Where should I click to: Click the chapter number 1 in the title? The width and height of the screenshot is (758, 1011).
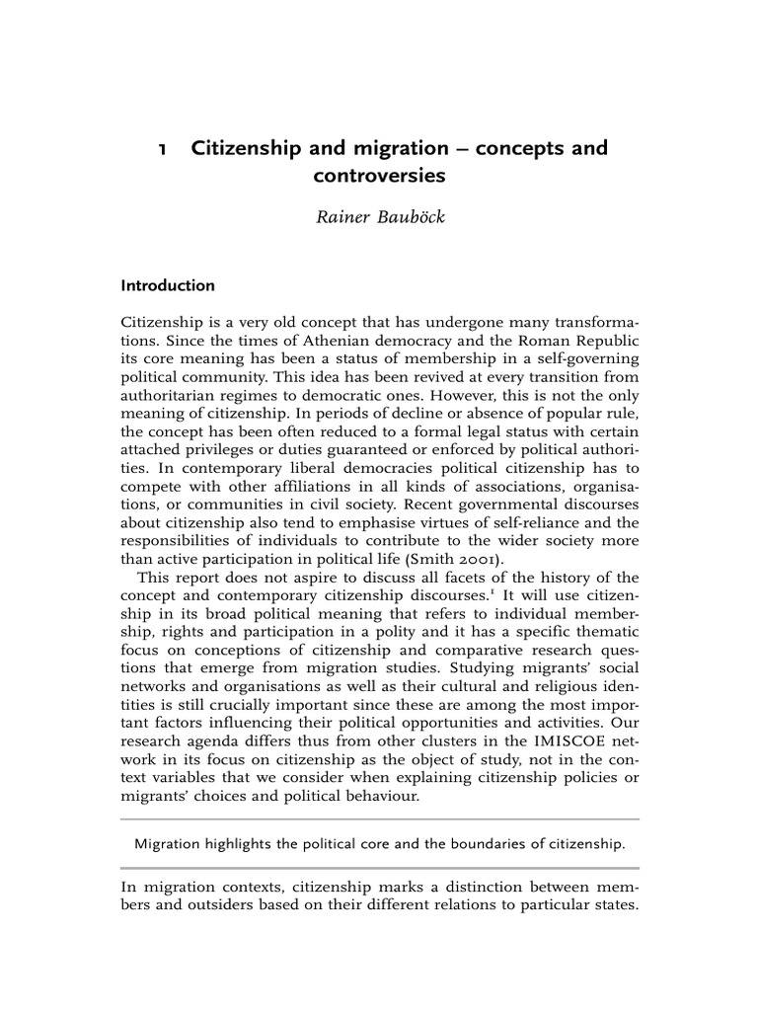pyautogui.click(x=162, y=149)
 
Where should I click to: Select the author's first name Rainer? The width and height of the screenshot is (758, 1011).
pyautogui.click(x=341, y=217)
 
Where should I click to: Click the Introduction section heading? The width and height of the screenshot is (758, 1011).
pyautogui.click(x=167, y=286)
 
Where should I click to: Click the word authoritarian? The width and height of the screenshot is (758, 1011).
pyautogui.click(x=170, y=395)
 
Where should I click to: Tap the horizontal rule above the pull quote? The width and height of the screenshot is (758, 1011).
pyautogui.click(x=379, y=819)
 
